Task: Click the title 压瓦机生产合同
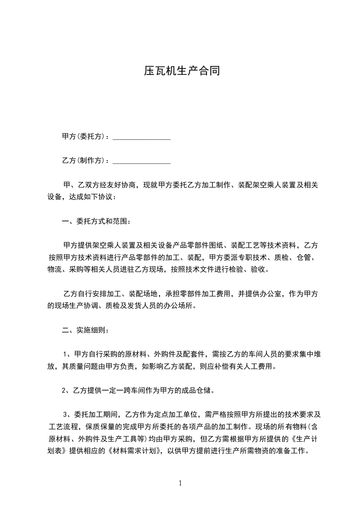(182, 71)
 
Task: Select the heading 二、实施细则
(84, 330)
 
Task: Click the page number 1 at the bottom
(180, 483)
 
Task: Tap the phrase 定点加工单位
(173, 415)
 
